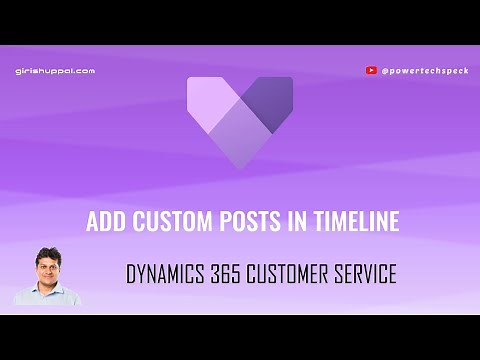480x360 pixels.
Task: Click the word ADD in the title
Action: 103,222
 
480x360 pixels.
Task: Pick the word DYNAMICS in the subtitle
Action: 166,273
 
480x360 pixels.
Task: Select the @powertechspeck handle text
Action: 421,71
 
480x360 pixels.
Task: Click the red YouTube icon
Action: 372,71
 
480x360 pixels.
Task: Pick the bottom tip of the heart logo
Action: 240,163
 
